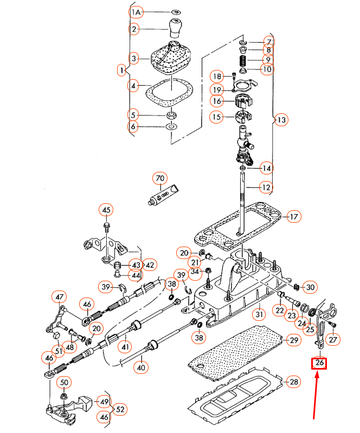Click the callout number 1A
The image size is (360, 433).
[x=136, y=11]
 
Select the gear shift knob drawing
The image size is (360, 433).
[x=176, y=28]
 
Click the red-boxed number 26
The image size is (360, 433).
[x=319, y=363]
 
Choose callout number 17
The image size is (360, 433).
[x=293, y=217]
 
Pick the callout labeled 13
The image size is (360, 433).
[x=280, y=120]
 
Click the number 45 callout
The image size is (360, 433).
[x=106, y=210]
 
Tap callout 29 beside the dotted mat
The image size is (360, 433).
[x=293, y=340]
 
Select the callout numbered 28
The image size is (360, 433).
[x=293, y=382]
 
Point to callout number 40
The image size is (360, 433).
[x=142, y=367]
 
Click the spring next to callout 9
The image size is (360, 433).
[x=243, y=59]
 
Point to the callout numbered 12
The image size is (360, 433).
[x=265, y=188]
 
